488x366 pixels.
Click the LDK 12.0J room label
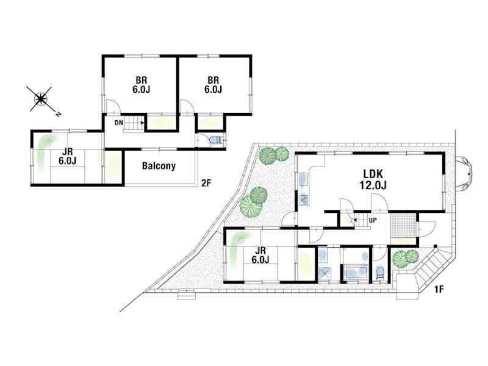tap(373, 179)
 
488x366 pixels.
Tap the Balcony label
tap(159, 165)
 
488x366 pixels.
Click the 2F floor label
tap(206, 183)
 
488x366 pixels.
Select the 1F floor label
tap(439, 290)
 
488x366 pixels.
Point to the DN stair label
tap(118, 123)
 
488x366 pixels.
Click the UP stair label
tap(373, 220)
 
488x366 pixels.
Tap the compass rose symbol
tap(41, 99)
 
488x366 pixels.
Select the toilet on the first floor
tap(380, 273)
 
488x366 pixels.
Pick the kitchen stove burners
tap(303, 199)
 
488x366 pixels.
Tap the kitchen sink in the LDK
tap(303, 179)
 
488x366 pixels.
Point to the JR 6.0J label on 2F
tap(68, 156)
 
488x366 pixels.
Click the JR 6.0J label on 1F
tap(260, 255)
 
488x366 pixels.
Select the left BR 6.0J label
tap(142, 85)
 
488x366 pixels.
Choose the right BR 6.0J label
tap(213, 85)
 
